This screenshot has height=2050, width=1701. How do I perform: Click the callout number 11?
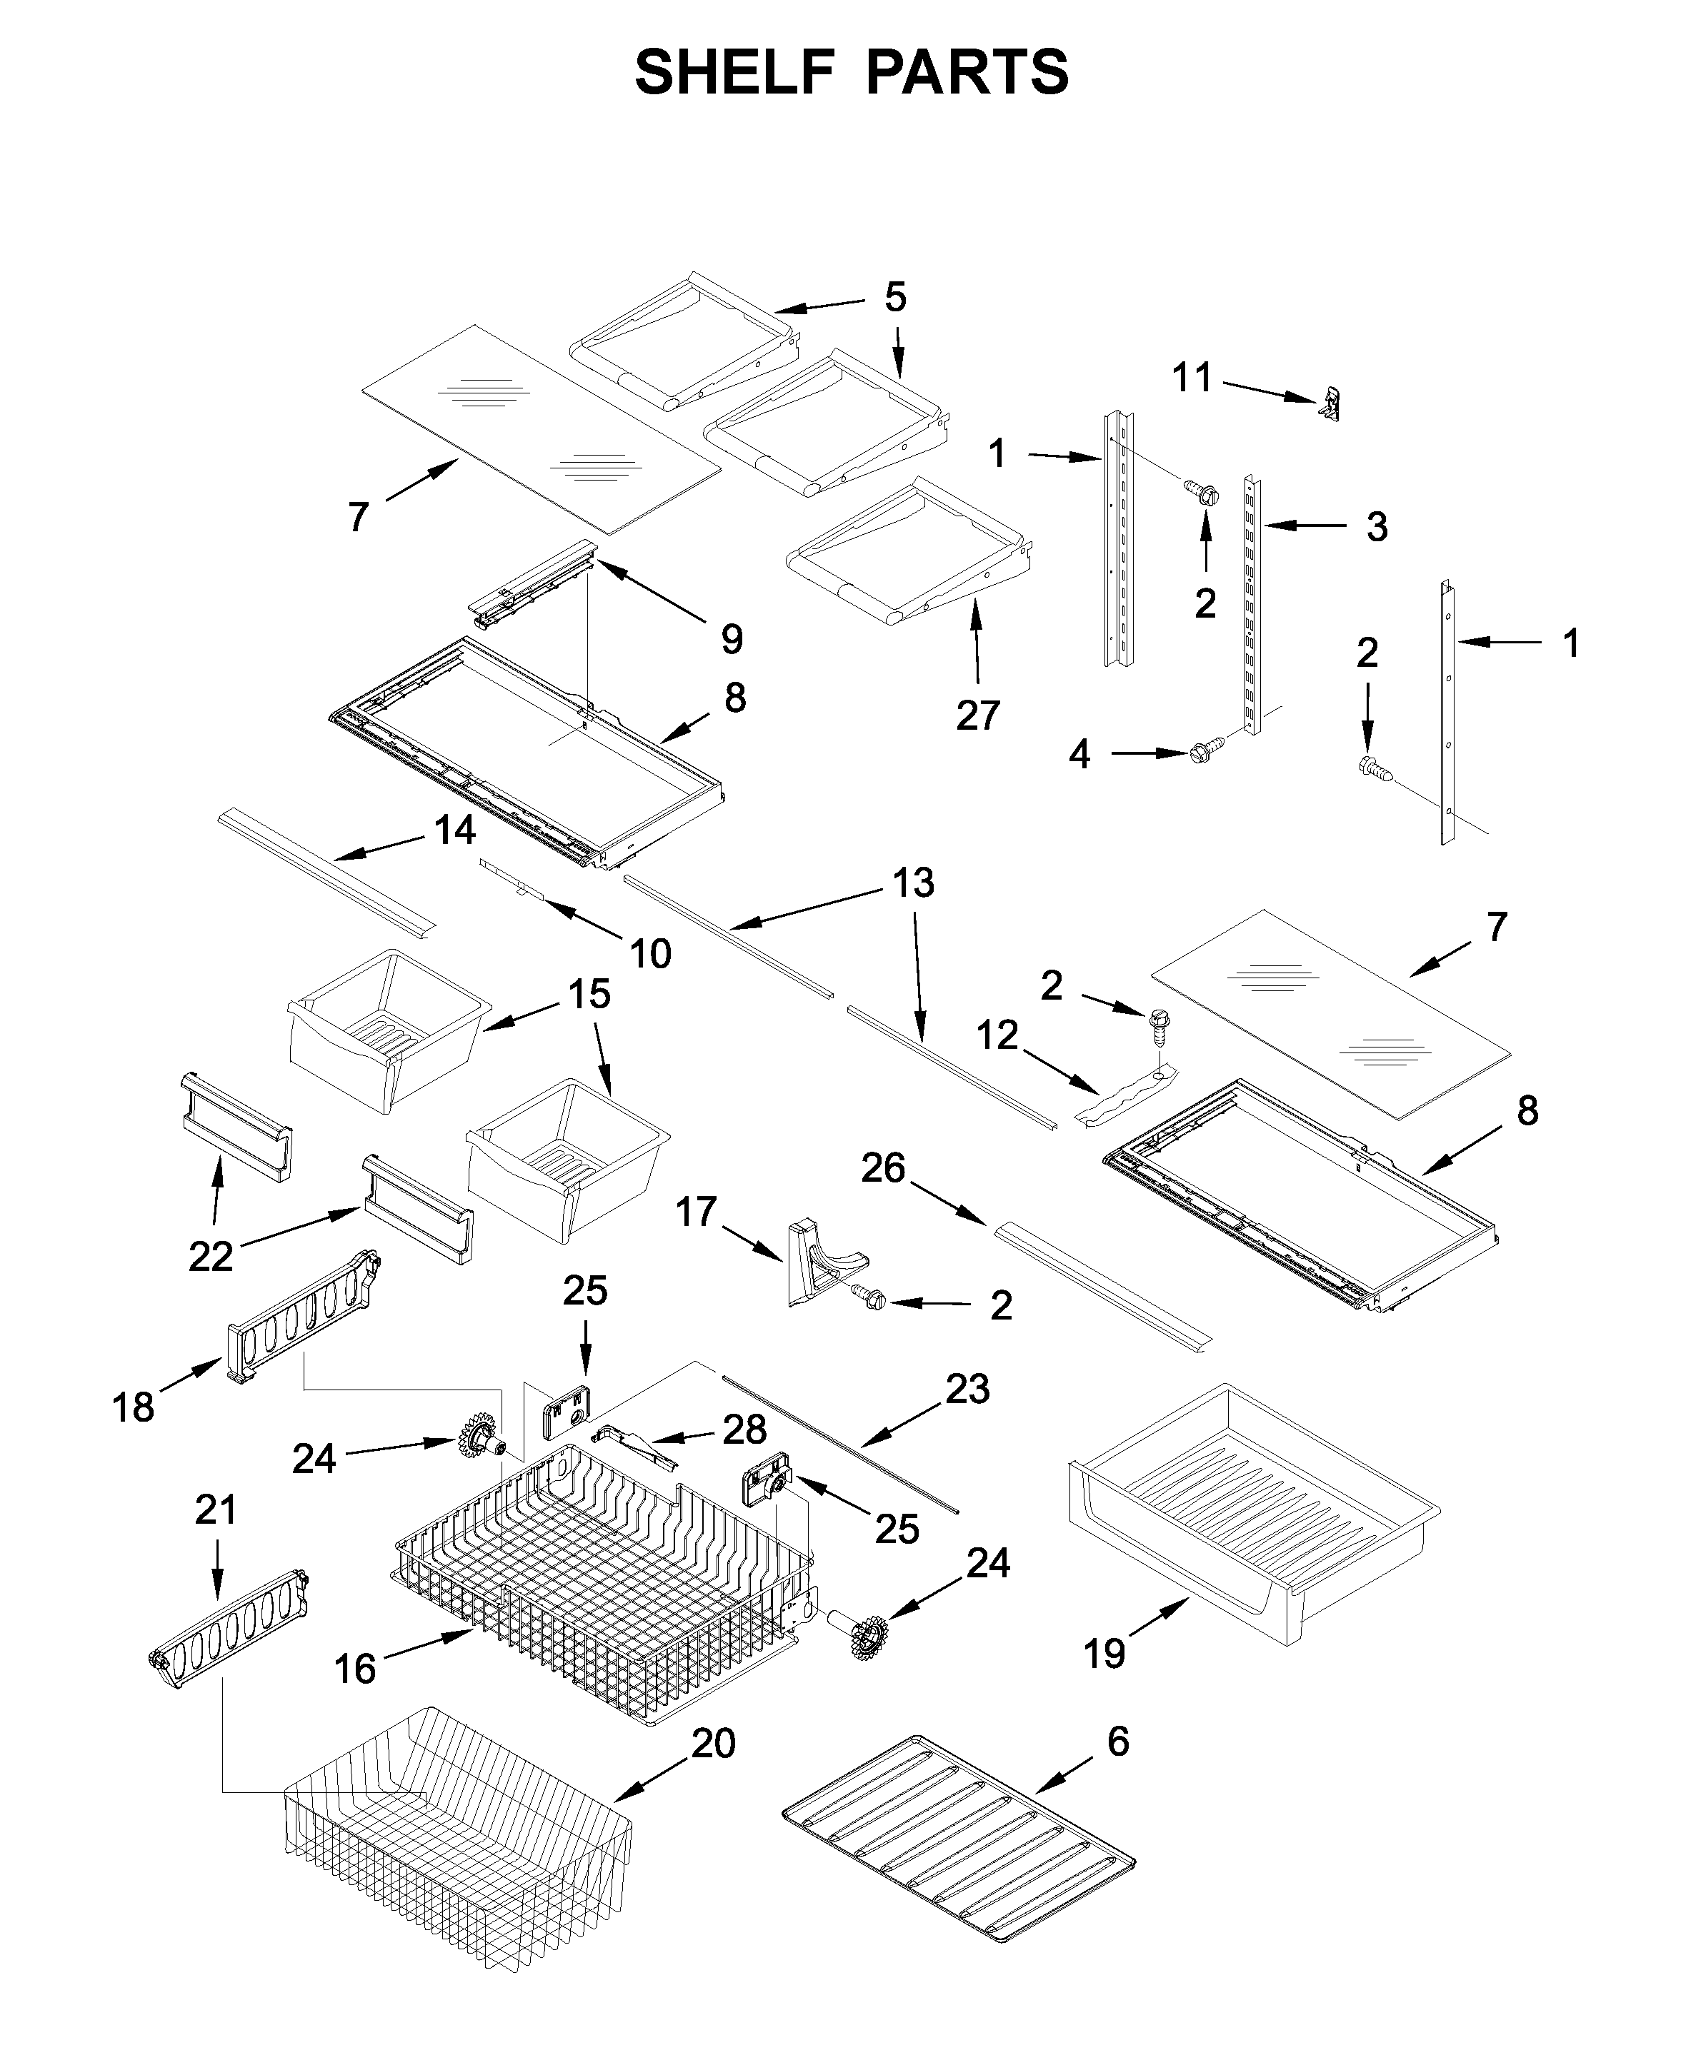coord(1192,377)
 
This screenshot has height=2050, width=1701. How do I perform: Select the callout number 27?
coord(977,715)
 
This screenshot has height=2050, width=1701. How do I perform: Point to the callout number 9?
coord(732,639)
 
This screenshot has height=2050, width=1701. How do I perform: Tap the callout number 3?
coord(1376,526)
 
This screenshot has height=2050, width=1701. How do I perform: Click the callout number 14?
coord(454,830)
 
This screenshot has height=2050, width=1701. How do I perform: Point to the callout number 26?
coord(883,1167)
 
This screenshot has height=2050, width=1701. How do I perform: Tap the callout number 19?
coord(1104,1654)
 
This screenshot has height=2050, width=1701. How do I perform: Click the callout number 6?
coord(1118,1742)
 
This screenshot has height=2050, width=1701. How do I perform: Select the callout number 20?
coord(713,1744)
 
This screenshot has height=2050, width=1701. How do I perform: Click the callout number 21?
coord(216,1510)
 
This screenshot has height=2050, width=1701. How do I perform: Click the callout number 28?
coord(744,1430)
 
